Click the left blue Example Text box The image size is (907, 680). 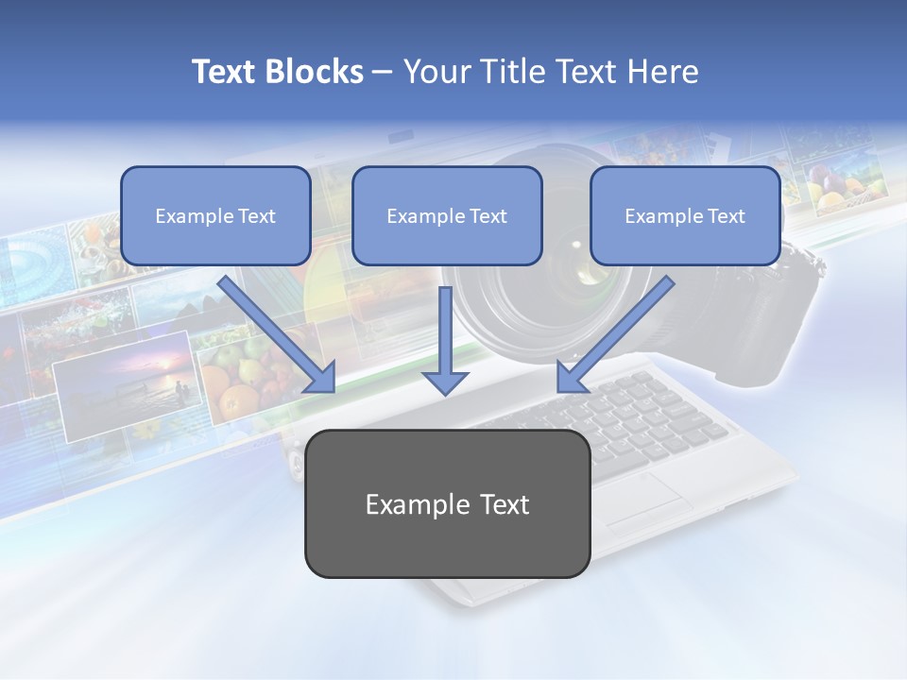pyautogui.click(x=215, y=215)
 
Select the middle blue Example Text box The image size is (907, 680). pyautogui.click(x=447, y=215)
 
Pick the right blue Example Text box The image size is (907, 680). pyautogui.click(x=685, y=215)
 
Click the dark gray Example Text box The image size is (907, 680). pyautogui.click(x=447, y=504)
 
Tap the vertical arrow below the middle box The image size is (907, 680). pyautogui.click(x=445, y=340)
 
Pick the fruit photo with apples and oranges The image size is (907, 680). pyautogui.click(x=241, y=378)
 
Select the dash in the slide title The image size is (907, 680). pyautogui.click(x=382, y=72)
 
